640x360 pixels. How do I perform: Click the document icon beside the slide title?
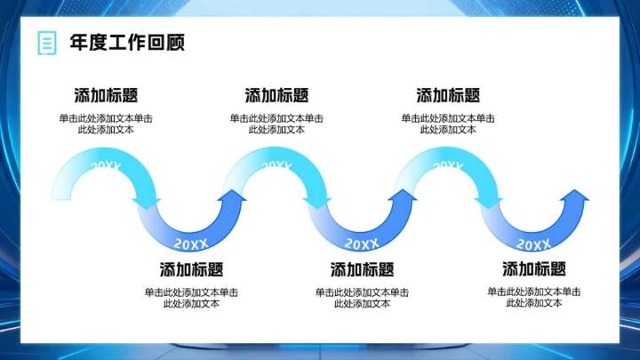click(44, 43)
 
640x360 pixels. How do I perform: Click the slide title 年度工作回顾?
click(127, 43)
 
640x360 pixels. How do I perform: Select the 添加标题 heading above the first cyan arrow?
click(106, 96)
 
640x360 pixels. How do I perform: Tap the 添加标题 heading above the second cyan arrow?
click(276, 96)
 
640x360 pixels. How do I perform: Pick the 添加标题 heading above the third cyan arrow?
click(448, 96)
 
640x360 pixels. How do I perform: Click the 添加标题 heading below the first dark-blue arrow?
click(191, 269)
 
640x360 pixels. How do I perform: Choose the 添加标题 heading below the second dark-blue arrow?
click(362, 269)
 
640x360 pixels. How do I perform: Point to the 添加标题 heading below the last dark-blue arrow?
click(533, 269)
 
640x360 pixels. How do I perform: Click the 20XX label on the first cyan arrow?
click(106, 164)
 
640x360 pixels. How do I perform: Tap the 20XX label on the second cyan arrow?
click(276, 164)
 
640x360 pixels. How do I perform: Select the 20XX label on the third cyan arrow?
click(448, 164)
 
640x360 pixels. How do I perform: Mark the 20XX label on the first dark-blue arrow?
click(191, 243)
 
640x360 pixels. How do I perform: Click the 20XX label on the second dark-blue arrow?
click(362, 243)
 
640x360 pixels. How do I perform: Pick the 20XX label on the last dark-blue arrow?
click(533, 243)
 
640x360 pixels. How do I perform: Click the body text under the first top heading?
click(106, 124)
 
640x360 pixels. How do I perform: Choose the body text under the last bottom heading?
click(533, 297)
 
